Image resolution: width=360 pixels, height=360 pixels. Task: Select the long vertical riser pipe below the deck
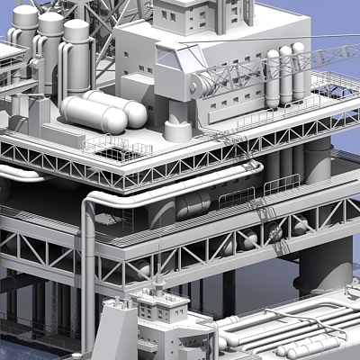pyautogui.click(x=87, y=270)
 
